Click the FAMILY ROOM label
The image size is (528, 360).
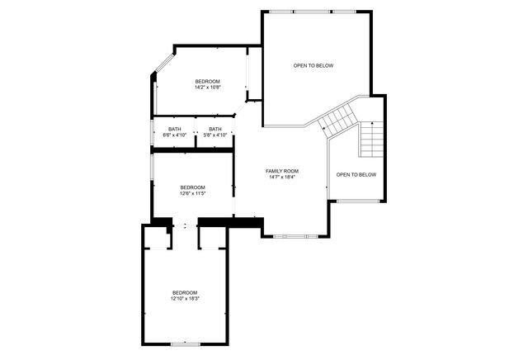(281, 170)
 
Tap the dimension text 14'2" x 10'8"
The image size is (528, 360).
(207, 87)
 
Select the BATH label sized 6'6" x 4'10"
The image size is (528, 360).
(175, 129)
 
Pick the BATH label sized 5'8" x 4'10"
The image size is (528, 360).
(215, 129)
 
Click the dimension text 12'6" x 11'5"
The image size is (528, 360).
(192, 194)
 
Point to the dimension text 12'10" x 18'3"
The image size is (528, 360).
(185, 299)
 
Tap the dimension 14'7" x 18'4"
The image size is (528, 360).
(281, 177)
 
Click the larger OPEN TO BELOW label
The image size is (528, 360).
(313, 65)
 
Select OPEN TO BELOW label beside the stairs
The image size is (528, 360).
(356, 174)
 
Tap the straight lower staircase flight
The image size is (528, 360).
(373, 140)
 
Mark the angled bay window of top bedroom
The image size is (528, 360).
(163, 66)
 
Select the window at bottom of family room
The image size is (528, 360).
(295, 236)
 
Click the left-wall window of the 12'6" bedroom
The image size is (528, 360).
(152, 165)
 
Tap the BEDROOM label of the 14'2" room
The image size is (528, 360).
(207, 81)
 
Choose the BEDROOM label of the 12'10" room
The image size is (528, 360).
(185, 292)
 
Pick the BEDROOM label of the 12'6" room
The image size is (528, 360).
(192, 187)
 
